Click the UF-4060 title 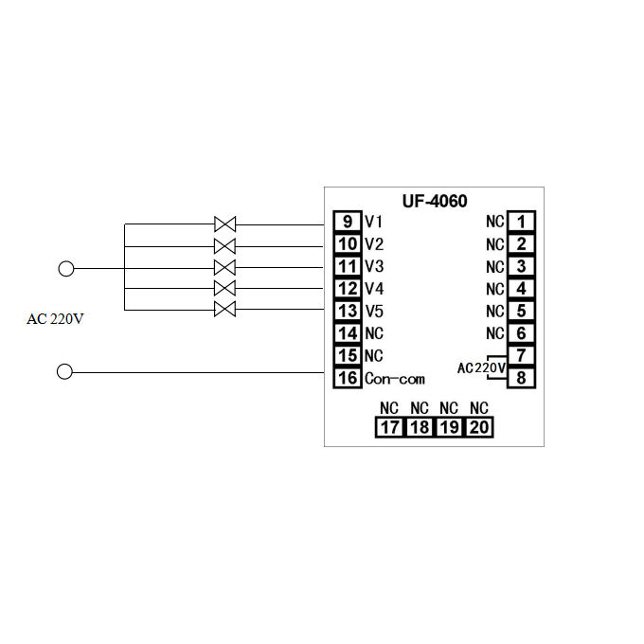(435, 201)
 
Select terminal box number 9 (348, 223)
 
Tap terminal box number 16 (348, 378)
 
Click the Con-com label (394, 379)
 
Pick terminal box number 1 (521, 223)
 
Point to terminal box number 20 (479, 427)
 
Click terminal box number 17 (389, 427)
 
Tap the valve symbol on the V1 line (224, 224)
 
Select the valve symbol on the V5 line (224, 310)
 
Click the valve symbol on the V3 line (224, 267)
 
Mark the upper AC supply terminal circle (65, 268)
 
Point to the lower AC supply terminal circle (65, 371)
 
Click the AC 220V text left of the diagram (55, 319)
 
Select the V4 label (374, 289)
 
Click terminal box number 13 (348, 311)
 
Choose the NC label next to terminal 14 (374, 333)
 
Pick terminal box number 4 (521, 289)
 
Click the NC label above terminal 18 (420, 408)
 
